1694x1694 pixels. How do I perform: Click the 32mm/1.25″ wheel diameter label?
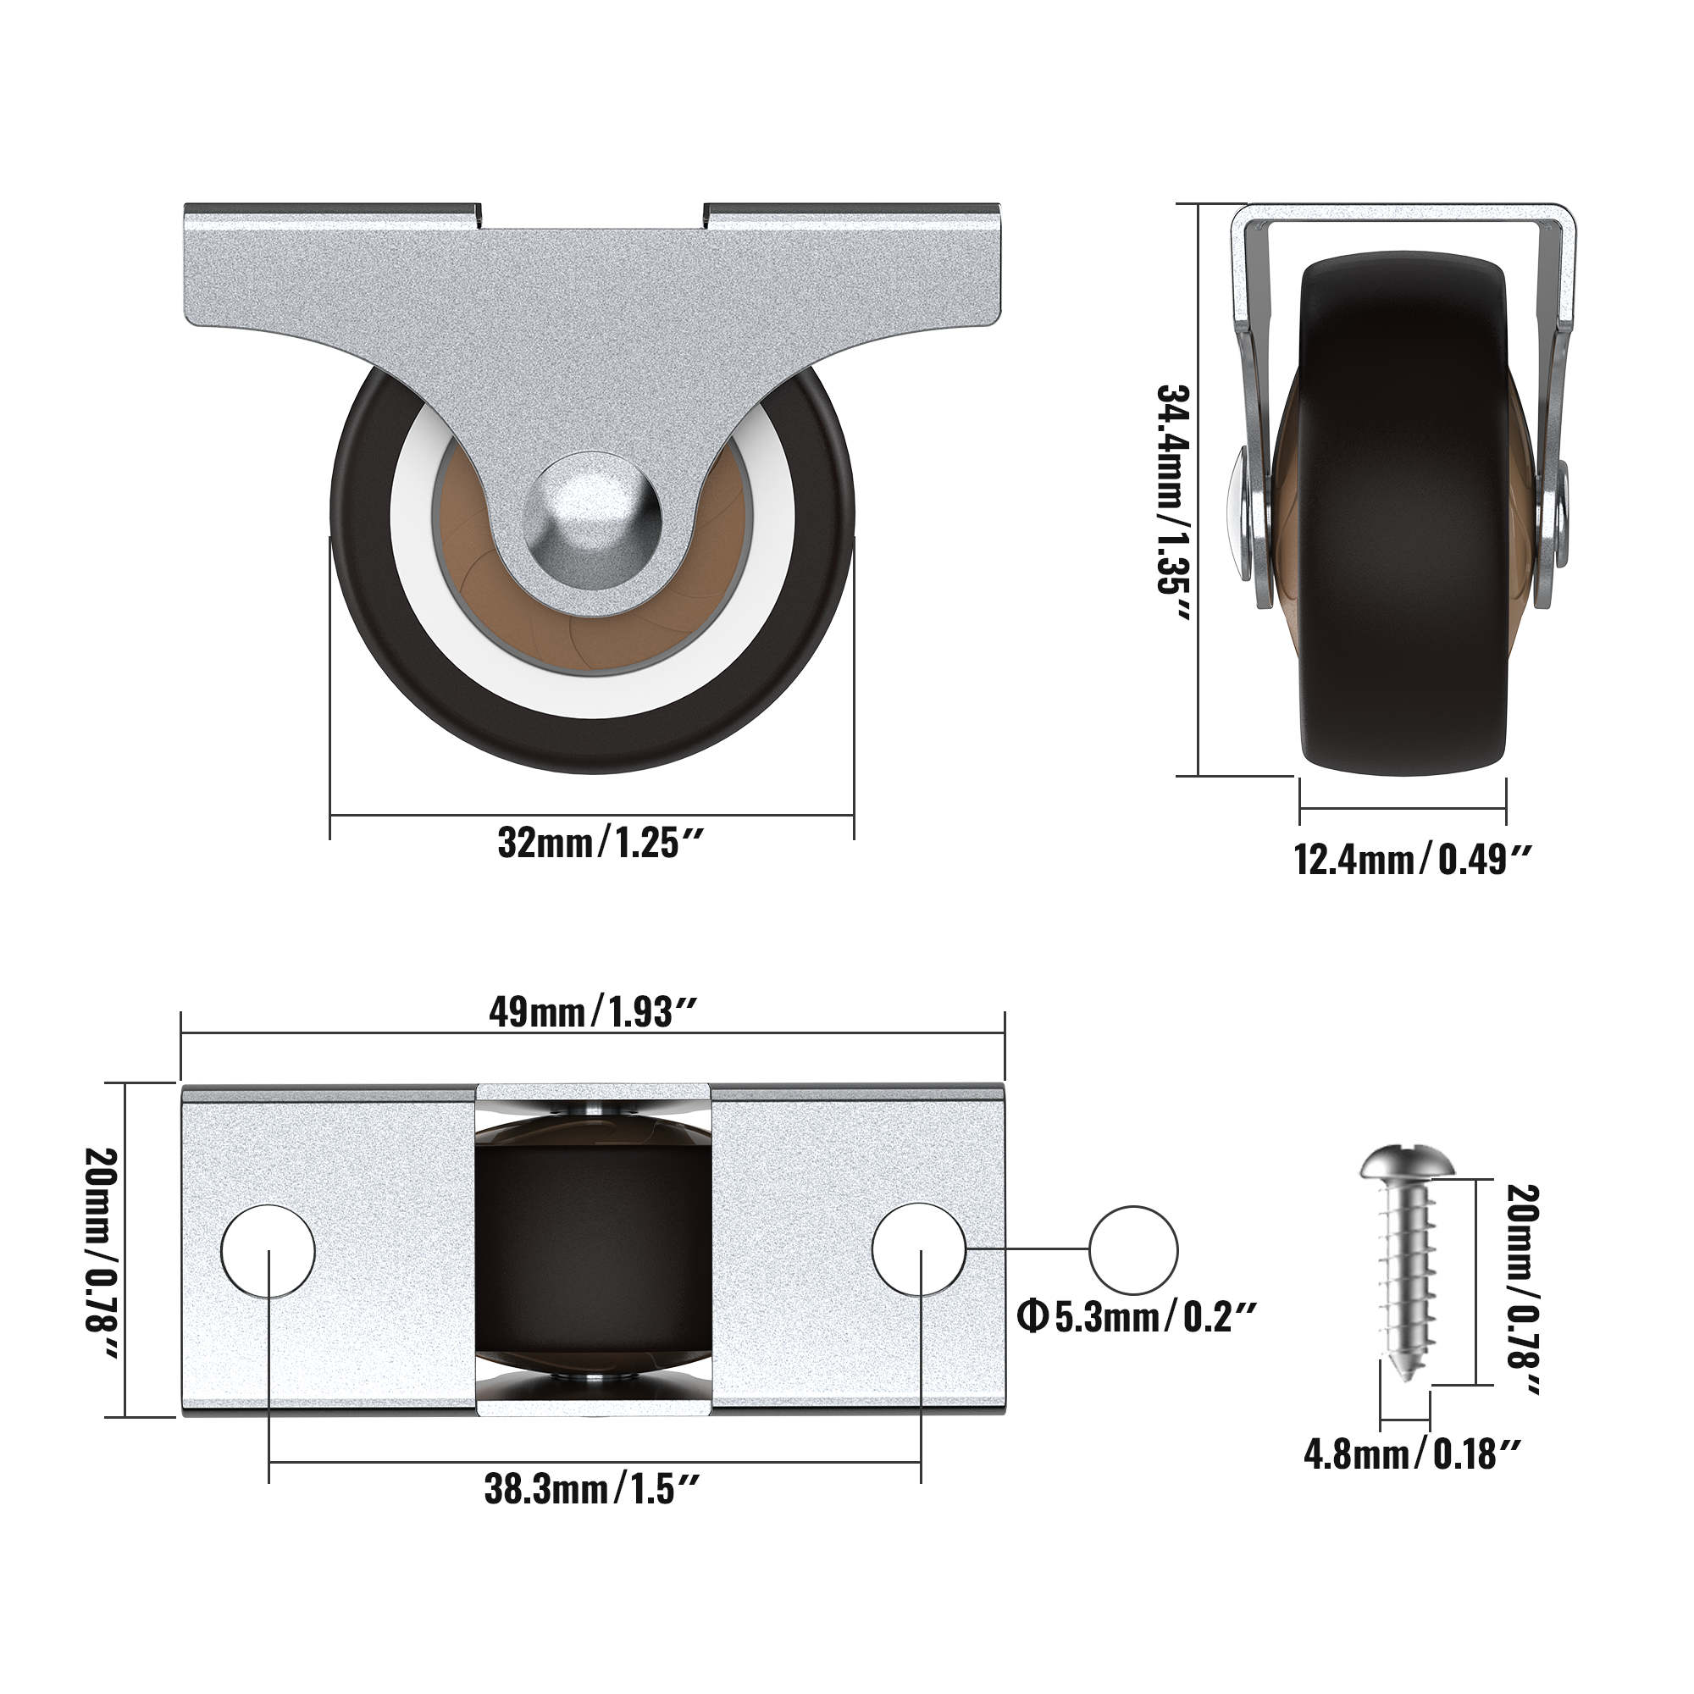click(601, 844)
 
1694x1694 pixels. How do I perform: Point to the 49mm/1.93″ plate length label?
click(593, 1013)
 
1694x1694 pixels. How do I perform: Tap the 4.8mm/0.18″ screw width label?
click(1412, 1454)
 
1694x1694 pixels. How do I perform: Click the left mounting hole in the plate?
click(268, 1250)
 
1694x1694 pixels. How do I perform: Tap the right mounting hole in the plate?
click(919, 1250)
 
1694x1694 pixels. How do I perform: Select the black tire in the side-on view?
click(1403, 526)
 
